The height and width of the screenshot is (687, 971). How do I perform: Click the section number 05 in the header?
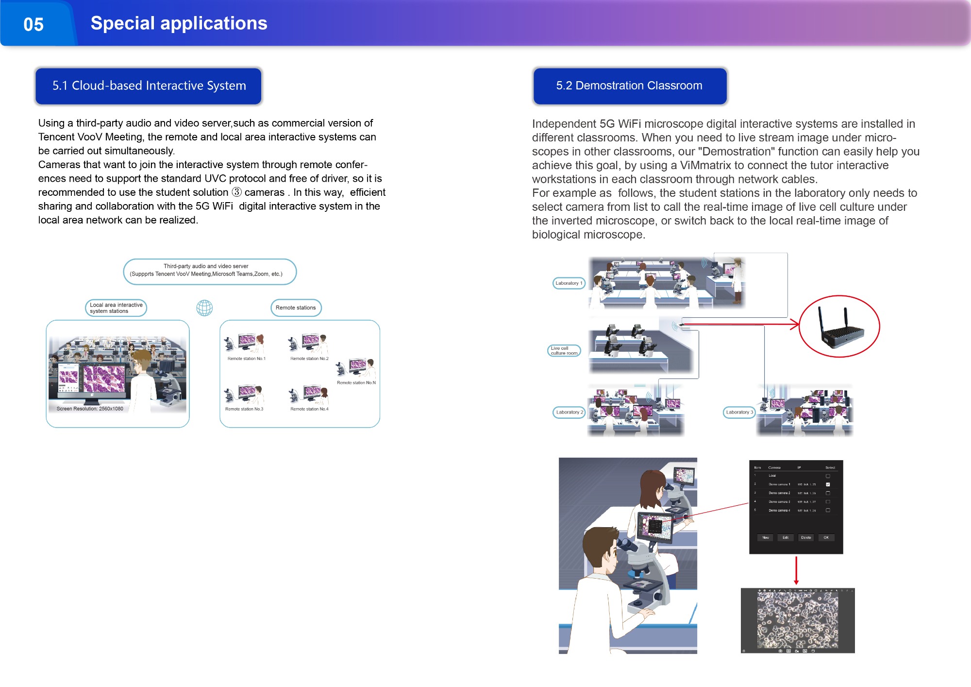(x=33, y=24)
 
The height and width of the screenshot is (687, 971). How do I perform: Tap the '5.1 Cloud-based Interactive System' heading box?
(x=149, y=86)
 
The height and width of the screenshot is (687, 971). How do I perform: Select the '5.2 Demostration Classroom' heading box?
(x=629, y=86)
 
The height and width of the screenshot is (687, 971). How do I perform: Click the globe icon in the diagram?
(x=204, y=308)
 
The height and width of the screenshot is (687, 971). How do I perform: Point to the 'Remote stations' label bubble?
(x=296, y=308)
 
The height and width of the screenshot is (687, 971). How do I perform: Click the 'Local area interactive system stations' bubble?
(x=116, y=308)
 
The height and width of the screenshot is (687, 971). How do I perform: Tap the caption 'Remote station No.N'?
(x=356, y=383)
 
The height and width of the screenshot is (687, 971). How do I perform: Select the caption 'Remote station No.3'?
(x=244, y=409)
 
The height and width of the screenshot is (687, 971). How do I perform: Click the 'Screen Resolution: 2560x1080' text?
(x=90, y=409)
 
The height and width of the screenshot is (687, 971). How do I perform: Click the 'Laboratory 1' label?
(x=569, y=283)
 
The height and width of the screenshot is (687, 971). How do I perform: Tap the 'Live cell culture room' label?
(x=564, y=351)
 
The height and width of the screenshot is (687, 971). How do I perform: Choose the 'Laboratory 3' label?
(x=739, y=412)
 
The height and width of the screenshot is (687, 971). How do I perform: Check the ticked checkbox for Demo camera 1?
(x=828, y=484)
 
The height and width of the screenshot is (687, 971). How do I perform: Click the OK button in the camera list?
(x=826, y=537)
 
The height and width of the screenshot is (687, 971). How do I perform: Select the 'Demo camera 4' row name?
(x=779, y=511)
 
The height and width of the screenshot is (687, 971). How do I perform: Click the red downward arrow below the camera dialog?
(x=796, y=571)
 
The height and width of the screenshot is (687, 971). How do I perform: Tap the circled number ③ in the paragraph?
(x=236, y=192)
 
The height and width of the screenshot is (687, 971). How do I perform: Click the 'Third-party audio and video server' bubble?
(x=210, y=271)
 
